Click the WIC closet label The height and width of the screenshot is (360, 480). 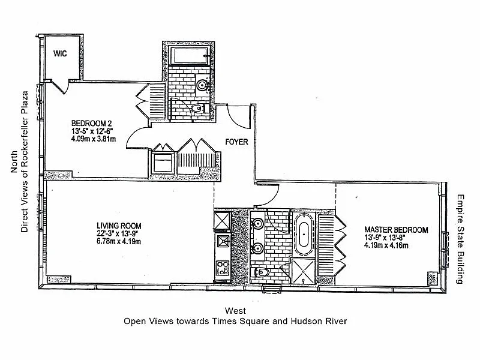click(x=60, y=53)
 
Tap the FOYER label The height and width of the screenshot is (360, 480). click(x=236, y=142)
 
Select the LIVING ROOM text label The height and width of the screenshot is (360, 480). click(x=119, y=226)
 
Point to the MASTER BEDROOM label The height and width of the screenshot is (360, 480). click(x=396, y=230)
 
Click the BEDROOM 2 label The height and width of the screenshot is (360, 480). click(x=92, y=124)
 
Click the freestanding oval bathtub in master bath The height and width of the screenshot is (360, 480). click(x=304, y=234)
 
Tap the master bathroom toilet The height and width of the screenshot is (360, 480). click(x=260, y=272)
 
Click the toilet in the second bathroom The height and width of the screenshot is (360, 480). click(x=199, y=109)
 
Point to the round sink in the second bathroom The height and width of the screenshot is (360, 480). click(x=202, y=85)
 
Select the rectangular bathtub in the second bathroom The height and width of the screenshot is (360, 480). click(x=190, y=56)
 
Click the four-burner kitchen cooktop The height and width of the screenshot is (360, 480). click(x=222, y=268)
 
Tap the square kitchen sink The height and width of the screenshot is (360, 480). click(x=223, y=241)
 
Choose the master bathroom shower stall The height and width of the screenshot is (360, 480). click(x=302, y=271)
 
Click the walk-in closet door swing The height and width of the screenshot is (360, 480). click(x=60, y=86)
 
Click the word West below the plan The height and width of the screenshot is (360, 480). click(x=235, y=311)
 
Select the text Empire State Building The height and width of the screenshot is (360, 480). click(x=460, y=239)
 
